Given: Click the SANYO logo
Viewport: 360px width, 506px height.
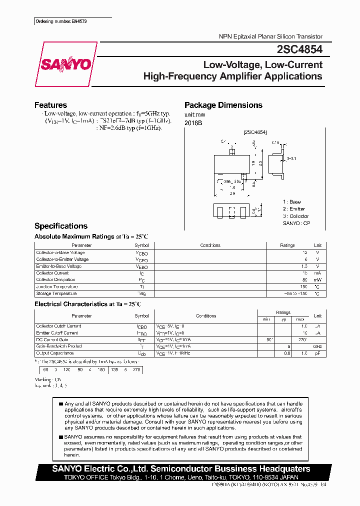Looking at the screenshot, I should point(65,64).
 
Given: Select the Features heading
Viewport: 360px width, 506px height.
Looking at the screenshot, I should point(50,105).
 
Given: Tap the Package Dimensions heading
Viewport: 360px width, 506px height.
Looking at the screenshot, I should point(223,105).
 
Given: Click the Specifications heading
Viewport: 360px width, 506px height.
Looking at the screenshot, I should point(60,226).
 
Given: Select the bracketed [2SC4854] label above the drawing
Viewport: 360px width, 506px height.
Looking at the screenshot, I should point(255,132).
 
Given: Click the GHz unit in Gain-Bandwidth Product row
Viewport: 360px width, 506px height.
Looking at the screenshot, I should point(317,346).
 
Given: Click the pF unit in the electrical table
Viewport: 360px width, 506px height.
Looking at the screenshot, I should point(317,353).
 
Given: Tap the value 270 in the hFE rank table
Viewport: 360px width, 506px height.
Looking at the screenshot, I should point(135,370).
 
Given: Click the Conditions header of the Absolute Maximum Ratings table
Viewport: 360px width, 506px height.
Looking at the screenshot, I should point(210,245).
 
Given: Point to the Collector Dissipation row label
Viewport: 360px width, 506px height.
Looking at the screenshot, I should point(56,280).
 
